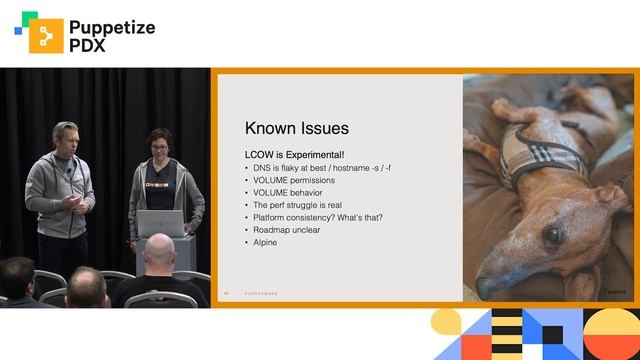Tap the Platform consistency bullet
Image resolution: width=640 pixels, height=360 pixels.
click(x=318, y=217)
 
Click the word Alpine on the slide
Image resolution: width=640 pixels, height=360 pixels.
click(x=265, y=242)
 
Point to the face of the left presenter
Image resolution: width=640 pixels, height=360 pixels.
click(x=66, y=139)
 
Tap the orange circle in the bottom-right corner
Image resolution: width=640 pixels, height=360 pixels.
click(x=612, y=335)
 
